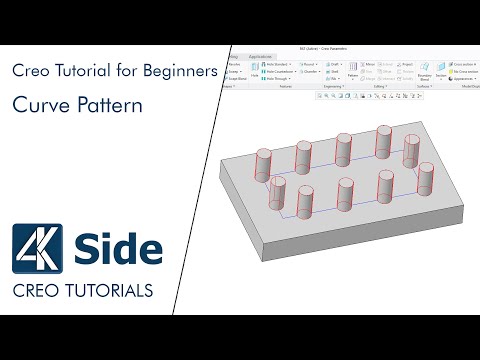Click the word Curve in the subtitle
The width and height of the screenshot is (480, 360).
(x=36, y=104)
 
